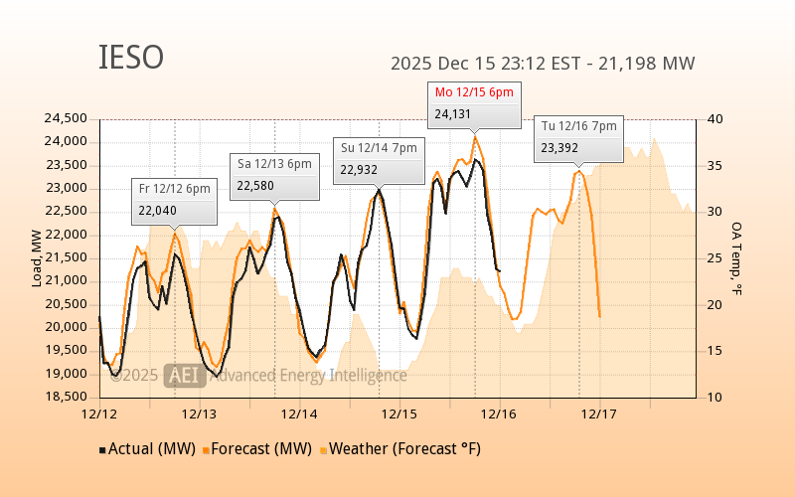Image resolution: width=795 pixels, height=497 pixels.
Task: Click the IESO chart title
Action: [131, 58]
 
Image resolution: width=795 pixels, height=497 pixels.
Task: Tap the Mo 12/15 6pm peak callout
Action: [474, 103]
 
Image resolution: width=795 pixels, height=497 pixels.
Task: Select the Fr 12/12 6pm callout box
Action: [175, 200]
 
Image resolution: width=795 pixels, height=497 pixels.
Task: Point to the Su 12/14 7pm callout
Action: [379, 159]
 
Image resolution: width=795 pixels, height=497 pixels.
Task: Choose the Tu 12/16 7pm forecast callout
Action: [579, 137]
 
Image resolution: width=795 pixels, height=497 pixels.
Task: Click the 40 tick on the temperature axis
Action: [715, 118]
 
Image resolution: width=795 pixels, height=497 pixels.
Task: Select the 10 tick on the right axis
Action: [715, 397]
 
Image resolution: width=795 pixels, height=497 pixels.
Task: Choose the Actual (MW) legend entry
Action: [146, 449]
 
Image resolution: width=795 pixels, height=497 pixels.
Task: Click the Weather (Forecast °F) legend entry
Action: [401, 449]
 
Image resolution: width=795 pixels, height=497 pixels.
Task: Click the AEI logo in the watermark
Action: [184, 375]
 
